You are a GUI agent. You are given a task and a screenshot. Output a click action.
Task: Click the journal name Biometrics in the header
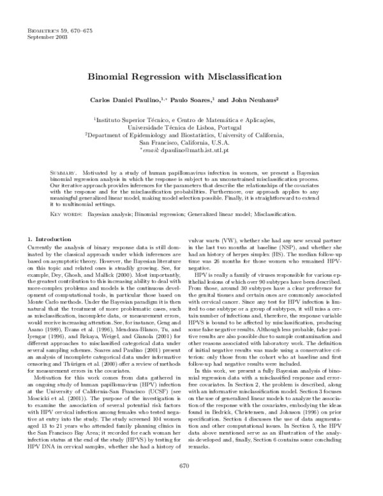45,31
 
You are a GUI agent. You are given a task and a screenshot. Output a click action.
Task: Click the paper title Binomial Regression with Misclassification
191,76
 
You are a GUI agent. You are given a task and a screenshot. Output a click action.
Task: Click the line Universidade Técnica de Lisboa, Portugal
191,127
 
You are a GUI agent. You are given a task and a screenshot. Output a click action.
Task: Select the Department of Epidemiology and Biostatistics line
191,135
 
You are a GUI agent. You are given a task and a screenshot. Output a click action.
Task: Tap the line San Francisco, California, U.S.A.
191,143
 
